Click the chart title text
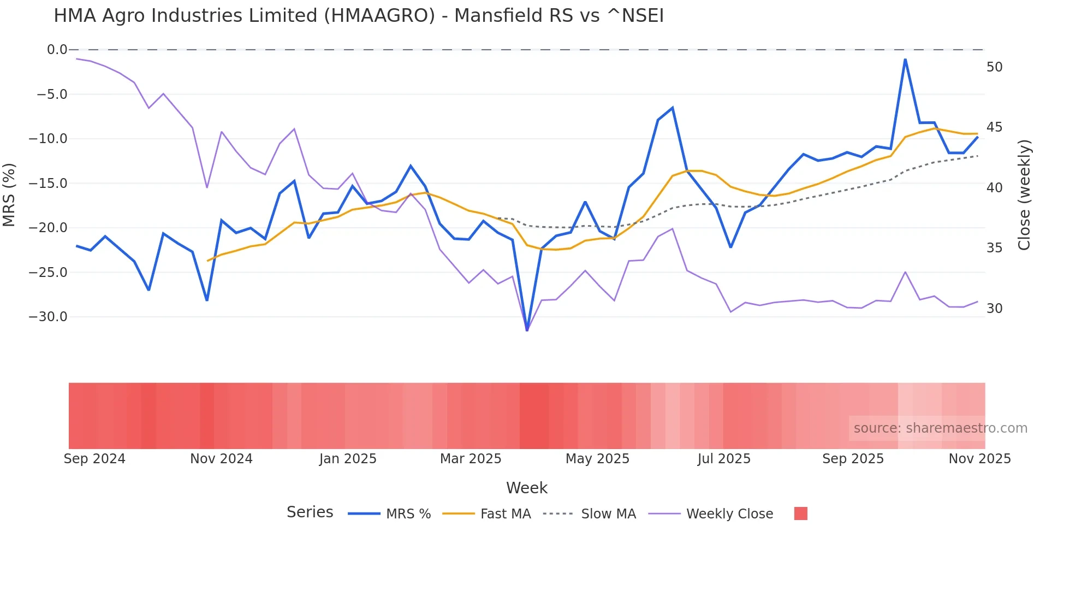359,16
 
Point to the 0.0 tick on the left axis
57,50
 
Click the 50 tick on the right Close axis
995,67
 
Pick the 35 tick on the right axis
995,248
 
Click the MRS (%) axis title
9,194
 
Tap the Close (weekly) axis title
1024,195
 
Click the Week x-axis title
526,488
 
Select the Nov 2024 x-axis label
221,459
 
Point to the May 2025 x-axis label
597,459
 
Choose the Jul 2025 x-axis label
724,459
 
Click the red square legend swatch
800,514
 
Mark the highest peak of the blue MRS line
905,59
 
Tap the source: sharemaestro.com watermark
940,428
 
